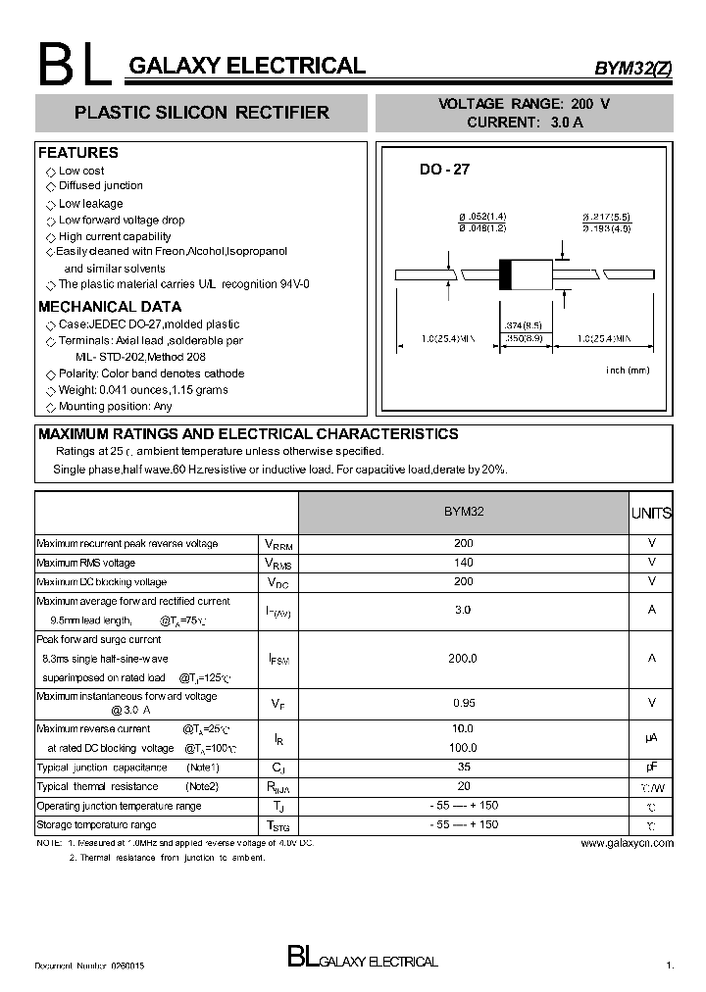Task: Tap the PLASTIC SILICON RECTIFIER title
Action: click(x=202, y=113)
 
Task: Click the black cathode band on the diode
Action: click(x=506, y=273)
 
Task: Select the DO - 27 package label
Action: click(x=444, y=169)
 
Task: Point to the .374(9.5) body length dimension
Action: click(x=524, y=324)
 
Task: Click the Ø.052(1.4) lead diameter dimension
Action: click(x=481, y=216)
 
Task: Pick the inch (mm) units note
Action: click(x=628, y=371)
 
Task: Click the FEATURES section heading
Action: click(x=77, y=153)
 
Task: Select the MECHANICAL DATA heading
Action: click(x=109, y=307)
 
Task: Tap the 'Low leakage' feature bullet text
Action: click(x=90, y=204)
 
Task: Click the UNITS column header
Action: click(x=651, y=513)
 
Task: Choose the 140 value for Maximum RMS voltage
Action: click(x=463, y=563)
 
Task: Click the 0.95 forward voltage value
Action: click(x=463, y=703)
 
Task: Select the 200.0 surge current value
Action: click(x=463, y=659)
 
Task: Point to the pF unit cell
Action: click(x=651, y=768)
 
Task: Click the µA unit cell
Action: click(x=651, y=738)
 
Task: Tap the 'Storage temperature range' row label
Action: click(x=96, y=825)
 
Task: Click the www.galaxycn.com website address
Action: click(x=627, y=843)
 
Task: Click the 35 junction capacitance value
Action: click(x=463, y=768)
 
